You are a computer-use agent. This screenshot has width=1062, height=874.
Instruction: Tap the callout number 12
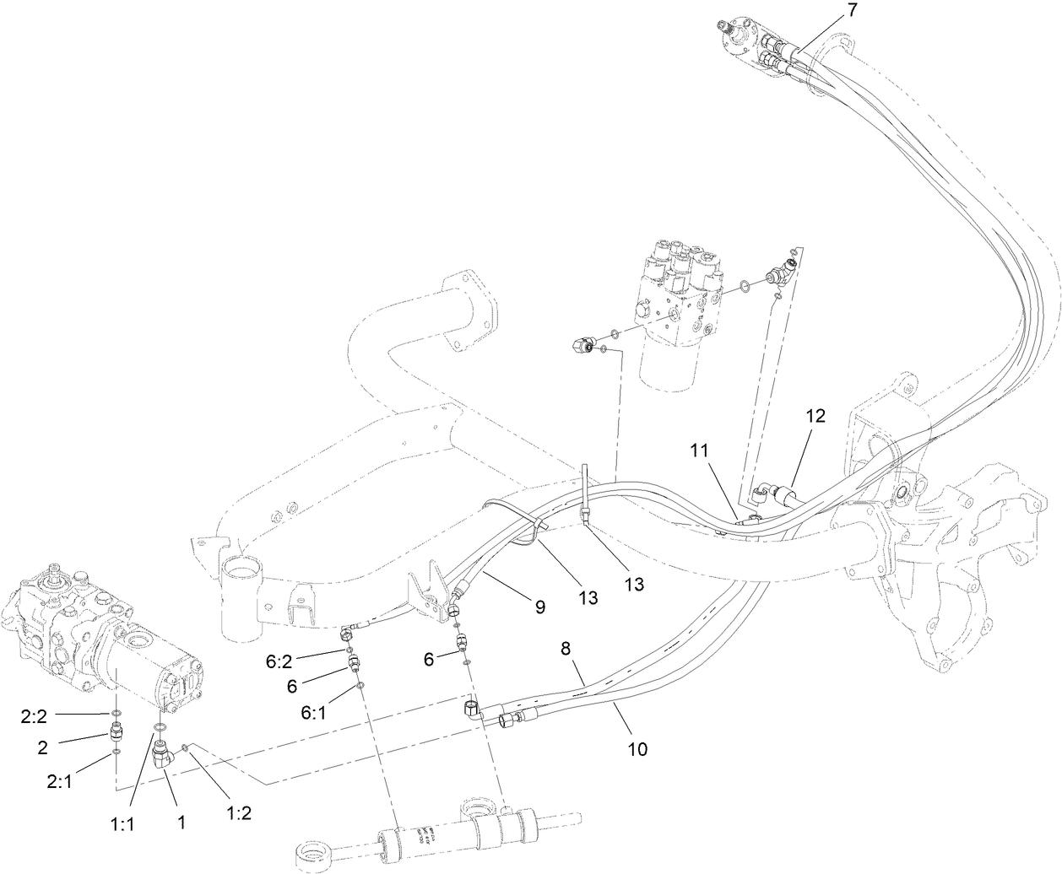pyautogui.click(x=815, y=416)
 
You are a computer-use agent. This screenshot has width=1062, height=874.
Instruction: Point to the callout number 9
pyautogui.click(x=539, y=606)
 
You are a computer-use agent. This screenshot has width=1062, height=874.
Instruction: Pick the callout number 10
pyautogui.click(x=637, y=747)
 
